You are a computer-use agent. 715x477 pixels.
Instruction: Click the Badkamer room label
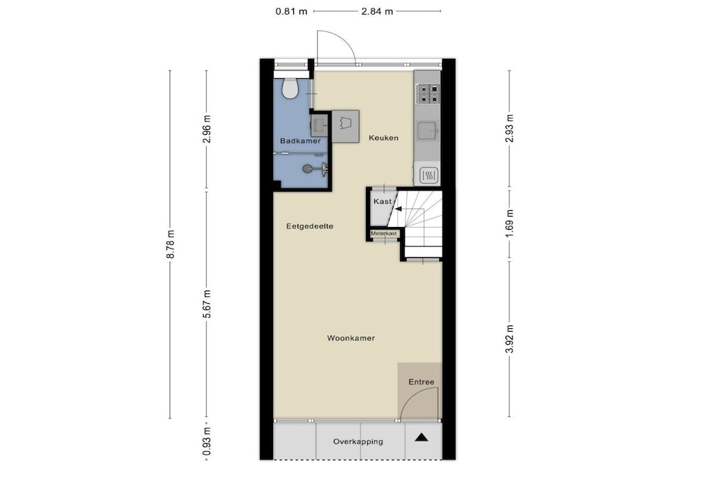coord(300,141)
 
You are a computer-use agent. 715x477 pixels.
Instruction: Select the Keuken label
coord(383,138)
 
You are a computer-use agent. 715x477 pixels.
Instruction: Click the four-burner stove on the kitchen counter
coord(428,94)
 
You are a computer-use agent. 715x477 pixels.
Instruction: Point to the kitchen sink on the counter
coord(428,131)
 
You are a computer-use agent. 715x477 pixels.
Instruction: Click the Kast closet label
coord(382,202)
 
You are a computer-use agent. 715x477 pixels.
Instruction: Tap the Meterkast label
coord(384,233)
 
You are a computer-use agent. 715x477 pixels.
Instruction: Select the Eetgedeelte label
coord(309,226)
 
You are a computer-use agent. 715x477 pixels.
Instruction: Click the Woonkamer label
coord(351,338)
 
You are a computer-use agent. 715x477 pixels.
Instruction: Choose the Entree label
coord(421,382)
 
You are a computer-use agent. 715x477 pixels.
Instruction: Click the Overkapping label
coord(358,441)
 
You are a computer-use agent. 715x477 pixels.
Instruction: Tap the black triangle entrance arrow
coord(422,438)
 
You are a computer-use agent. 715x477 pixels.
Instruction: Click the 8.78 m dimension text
coord(170,244)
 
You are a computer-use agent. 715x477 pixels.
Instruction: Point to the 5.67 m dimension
coord(207,304)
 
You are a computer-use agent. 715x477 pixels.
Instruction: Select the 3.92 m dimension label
coord(510,338)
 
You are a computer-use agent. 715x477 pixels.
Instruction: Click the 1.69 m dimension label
coord(510,222)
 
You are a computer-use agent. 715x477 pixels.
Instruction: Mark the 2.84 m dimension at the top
coord(377,11)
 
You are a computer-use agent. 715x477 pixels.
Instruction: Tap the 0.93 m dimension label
coord(207,441)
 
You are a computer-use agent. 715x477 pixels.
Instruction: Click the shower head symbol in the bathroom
coord(308,169)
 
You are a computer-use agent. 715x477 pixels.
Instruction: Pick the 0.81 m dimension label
coord(291,11)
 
